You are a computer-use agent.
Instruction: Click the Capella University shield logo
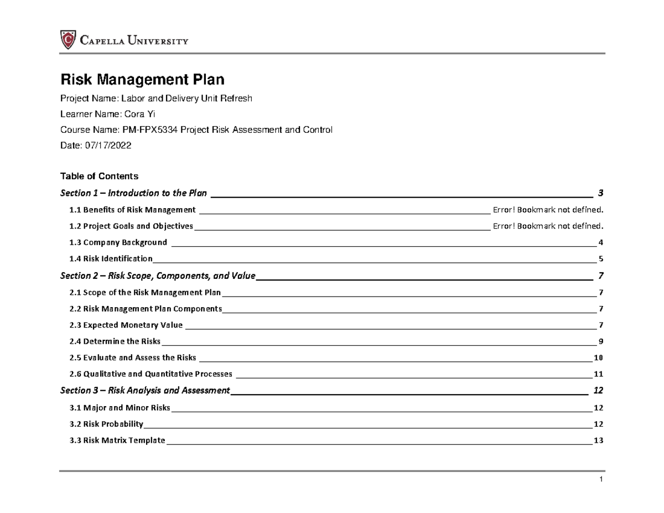pos(68,40)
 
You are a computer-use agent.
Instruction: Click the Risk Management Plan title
pos(142,80)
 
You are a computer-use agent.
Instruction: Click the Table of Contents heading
pos(98,177)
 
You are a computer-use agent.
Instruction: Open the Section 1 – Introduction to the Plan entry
pos(133,193)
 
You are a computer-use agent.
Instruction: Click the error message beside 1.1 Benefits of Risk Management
pos(547,210)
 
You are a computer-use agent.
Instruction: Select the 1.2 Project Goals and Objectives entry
pos(131,226)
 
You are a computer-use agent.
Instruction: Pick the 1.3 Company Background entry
pos(118,242)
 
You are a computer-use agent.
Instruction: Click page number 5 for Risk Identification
pos(601,259)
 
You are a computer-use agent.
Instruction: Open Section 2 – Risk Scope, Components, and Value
pos(158,276)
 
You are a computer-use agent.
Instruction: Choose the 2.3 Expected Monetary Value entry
pos(126,325)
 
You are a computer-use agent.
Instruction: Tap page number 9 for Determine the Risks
pos(601,341)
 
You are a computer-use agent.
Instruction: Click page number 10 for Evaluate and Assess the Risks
pos(598,358)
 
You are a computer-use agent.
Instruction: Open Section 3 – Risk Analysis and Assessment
pos(144,391)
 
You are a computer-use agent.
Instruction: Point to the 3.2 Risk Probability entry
pos(106,424)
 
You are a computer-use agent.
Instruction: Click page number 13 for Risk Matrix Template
pos(598,441)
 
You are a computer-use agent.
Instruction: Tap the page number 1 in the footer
pos(600,479)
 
